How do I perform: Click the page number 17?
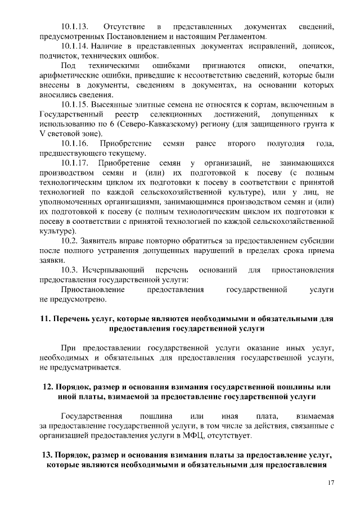(x=331, y=483)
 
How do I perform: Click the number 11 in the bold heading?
(x=44, y=318)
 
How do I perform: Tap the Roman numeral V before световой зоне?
(x=42, y=134)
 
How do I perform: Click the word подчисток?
(x=59, y=56)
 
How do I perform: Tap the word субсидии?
(x=318, y=241)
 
